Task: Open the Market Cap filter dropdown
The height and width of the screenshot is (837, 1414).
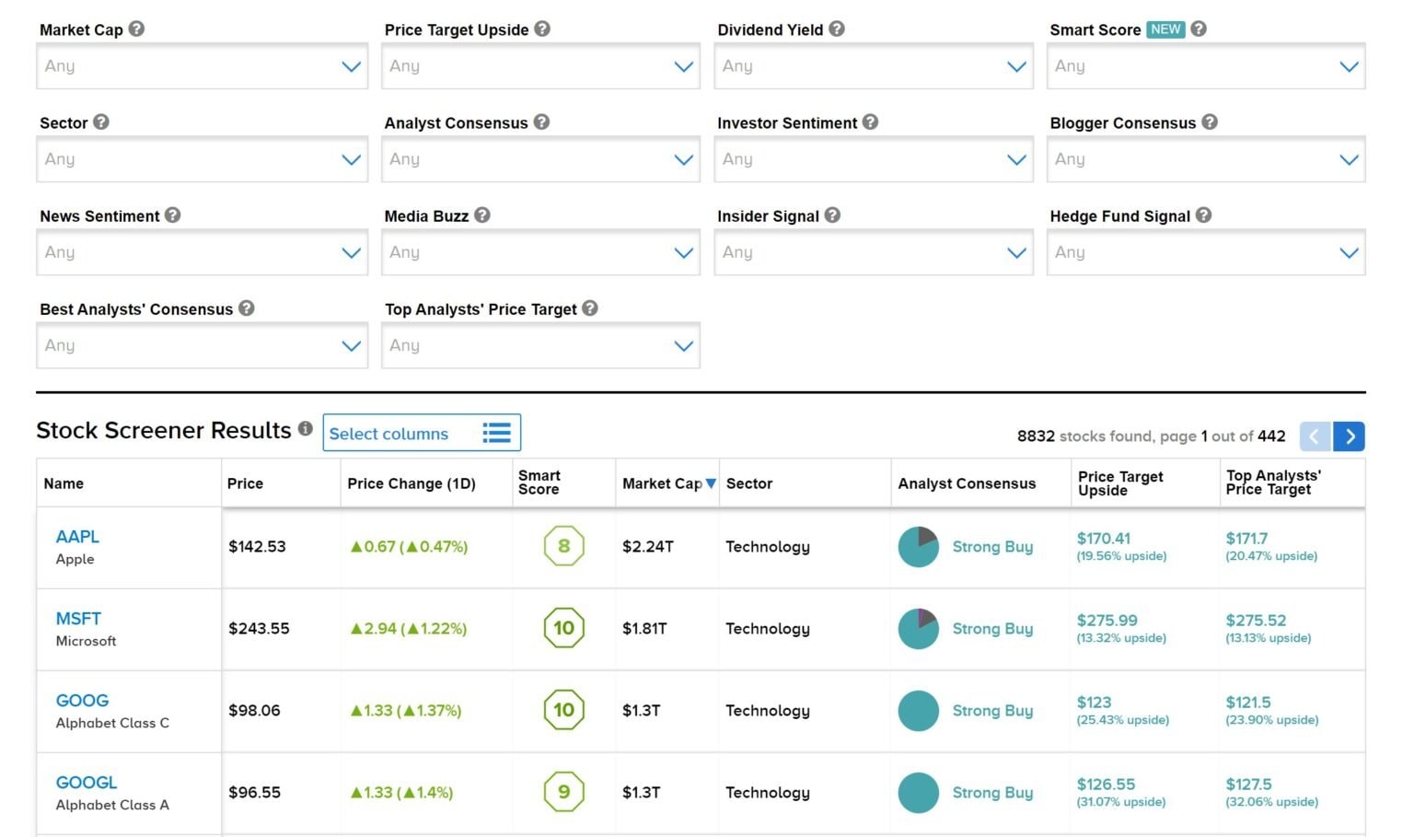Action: pos(202,65)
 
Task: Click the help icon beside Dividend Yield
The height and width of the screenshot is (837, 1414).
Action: pos(837,29)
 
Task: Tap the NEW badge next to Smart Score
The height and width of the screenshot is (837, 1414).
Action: pos(1165,29)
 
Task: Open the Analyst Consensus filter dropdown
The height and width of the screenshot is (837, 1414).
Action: pos(540,159)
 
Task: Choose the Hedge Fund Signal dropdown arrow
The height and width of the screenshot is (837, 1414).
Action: pos(1349,253)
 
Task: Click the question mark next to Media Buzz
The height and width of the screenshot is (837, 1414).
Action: pos(482,215)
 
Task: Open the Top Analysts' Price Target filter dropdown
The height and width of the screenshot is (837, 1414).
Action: pos(540,345)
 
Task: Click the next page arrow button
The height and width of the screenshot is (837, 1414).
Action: pos(1349,436)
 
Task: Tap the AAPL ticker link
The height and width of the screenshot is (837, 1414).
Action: pos(77,537)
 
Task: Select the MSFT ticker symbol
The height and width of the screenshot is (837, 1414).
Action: pos(78,619)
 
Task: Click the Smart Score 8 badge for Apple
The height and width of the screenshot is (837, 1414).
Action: pos(563,546)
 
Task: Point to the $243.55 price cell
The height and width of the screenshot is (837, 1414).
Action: pos(259,629)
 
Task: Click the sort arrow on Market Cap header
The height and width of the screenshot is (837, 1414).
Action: pos(711,483)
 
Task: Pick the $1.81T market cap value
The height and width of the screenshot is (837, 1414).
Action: pos(644,629)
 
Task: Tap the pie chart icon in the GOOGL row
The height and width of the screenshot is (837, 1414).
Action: pos(919,793)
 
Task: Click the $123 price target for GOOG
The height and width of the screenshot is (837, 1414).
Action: pos(1094,702)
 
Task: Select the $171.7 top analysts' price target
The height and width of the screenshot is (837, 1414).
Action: pos(1246,539)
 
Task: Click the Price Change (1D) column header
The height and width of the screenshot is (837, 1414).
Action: pos(411,483)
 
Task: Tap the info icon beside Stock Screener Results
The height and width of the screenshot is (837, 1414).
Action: pos(306,428)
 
